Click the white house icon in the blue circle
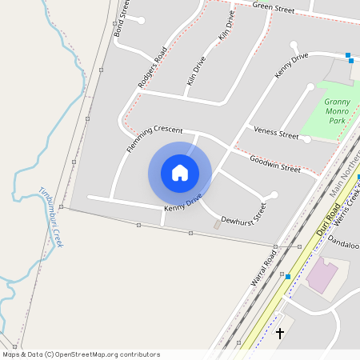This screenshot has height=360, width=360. click(x=180, y=173)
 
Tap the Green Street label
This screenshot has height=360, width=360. click(x=274, y=8)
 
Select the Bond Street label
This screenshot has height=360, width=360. click(x=122, y=22)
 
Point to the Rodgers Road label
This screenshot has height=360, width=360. click(x=152, y=67)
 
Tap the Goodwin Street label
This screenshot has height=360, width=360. click(x=274, y=164)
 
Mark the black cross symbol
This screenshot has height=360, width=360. click(x=280, y=332)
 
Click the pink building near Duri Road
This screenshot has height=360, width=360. click(x=323, y=274)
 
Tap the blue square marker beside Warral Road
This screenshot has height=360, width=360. click(x=288, y=276)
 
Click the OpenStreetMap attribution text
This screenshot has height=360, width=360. click(x=82, y=354)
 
